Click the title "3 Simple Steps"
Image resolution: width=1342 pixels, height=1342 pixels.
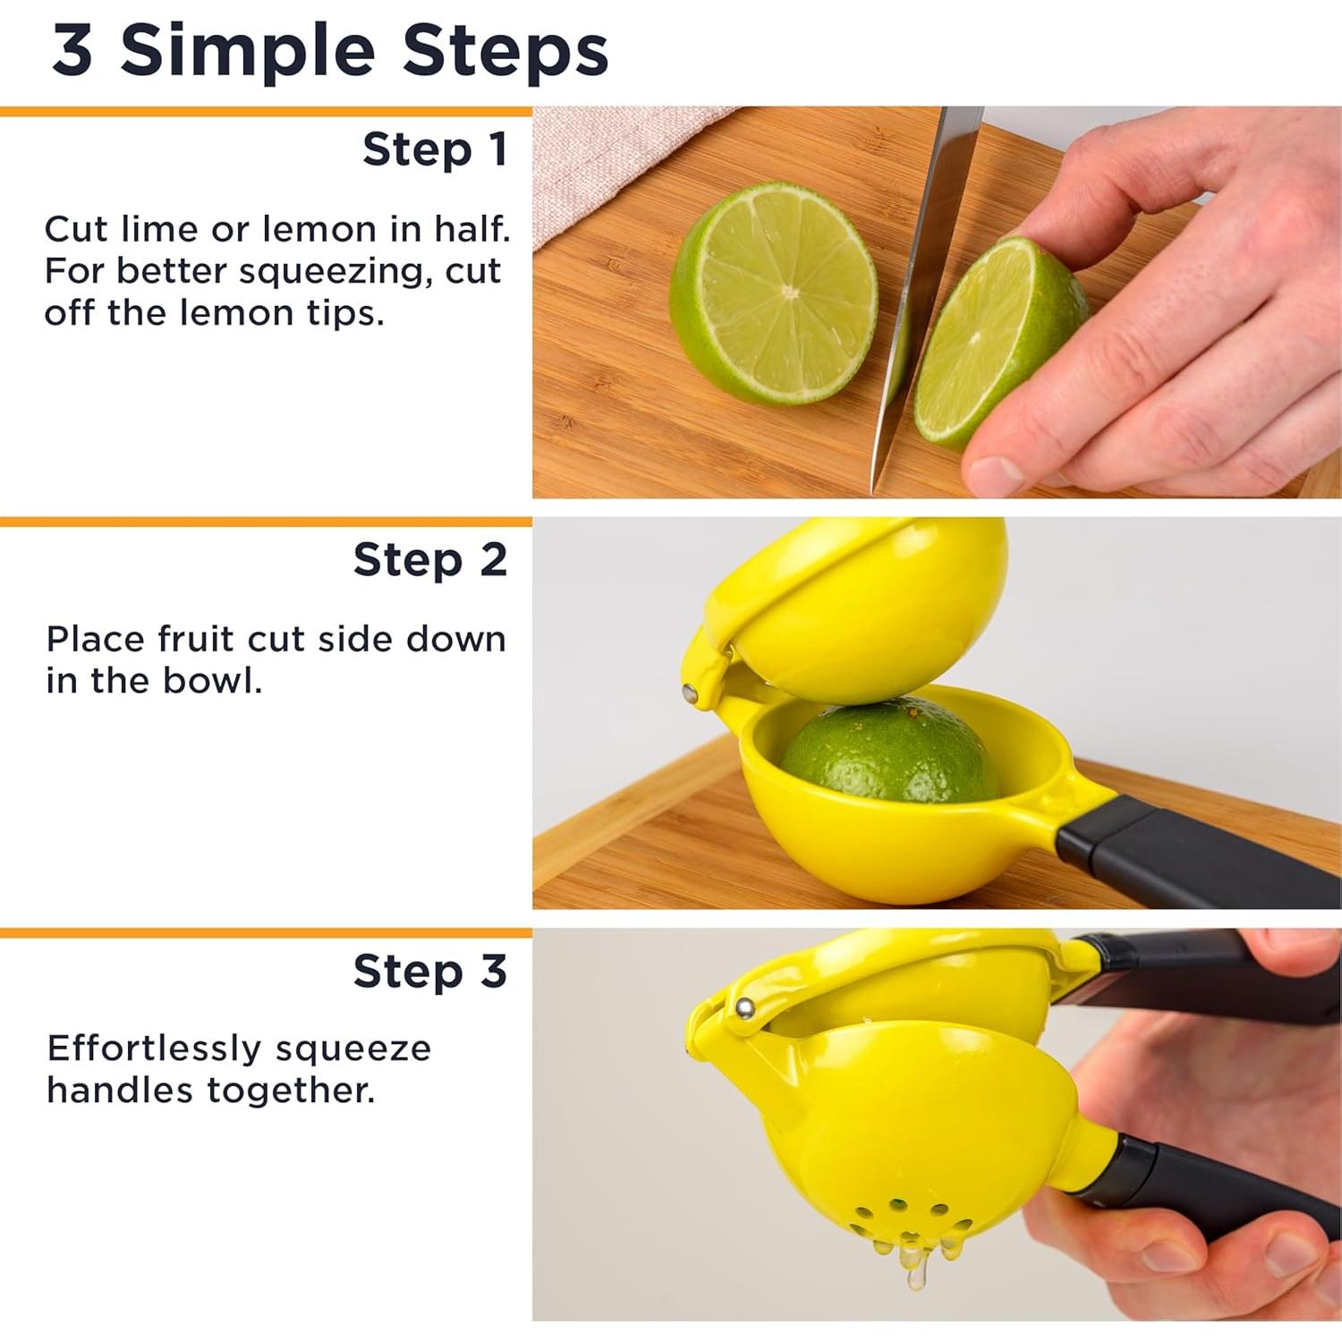coord(330,51)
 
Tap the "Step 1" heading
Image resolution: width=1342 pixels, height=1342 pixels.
coord(435,149)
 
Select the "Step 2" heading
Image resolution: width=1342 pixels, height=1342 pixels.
coord(430,560)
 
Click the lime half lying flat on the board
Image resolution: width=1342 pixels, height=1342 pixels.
coord(774,293)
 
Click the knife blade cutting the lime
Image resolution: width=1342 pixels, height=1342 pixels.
coord(922,295)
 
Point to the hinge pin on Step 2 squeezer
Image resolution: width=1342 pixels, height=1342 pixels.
coord(690,692)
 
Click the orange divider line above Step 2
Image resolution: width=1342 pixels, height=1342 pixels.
coord(266,522)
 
